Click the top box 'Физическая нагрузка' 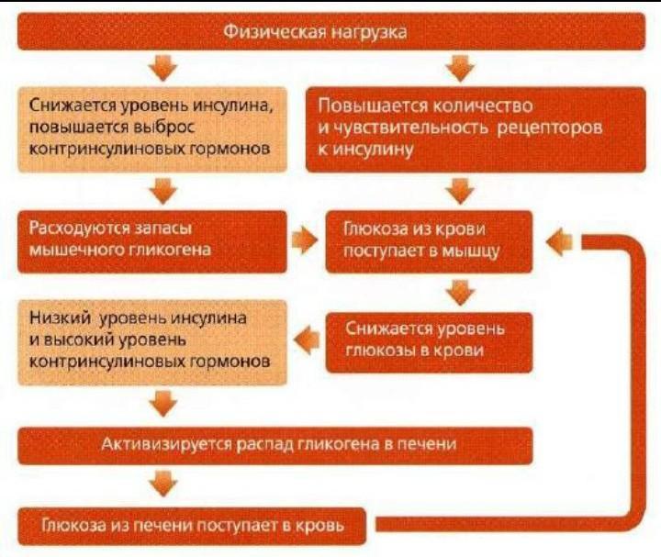pos(331,31)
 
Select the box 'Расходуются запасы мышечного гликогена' pos(152,241)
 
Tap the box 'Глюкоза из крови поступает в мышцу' pos(429,241)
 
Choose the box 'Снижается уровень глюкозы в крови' pos(429,342)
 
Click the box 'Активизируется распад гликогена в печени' pos(275,446)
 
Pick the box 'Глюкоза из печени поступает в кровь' pos(192,526)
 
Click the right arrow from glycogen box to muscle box pos(305,241)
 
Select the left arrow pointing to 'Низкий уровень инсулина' pos(307,340)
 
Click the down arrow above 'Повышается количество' pos(460,67)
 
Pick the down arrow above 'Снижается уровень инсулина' pos(164,67)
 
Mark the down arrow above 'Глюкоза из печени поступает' pos(164,484)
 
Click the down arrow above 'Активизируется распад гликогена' pos(164,404)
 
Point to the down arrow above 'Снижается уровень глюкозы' pos(460,292)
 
